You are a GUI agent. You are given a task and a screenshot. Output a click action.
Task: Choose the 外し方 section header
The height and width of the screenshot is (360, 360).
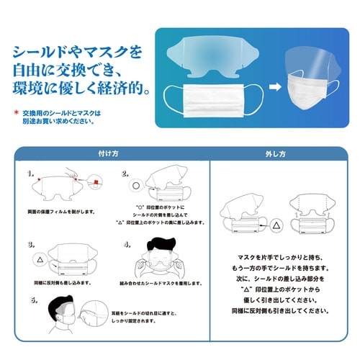click(x=276, y=153)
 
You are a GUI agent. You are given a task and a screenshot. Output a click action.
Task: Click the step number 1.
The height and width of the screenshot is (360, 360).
click(x=30, y=174)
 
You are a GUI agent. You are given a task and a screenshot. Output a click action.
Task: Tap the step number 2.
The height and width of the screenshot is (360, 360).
click(x=125, y=174)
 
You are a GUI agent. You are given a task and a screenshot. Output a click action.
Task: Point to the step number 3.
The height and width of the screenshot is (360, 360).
click(x=30, y=244)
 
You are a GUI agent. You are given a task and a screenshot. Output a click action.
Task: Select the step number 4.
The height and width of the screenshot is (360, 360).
click(x=127, y=244)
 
